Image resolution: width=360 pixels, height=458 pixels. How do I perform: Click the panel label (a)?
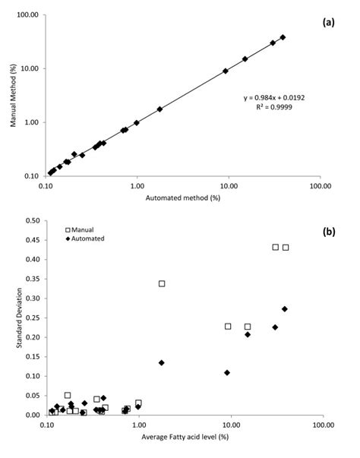328,23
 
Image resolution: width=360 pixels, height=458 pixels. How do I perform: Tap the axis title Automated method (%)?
182,198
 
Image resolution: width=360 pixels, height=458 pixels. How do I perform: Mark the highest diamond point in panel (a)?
283,37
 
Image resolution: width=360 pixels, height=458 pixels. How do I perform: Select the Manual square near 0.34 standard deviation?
162,283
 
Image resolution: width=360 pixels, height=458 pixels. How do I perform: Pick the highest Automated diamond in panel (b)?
285,309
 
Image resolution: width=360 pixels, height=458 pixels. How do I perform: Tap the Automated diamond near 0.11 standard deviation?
227,372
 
